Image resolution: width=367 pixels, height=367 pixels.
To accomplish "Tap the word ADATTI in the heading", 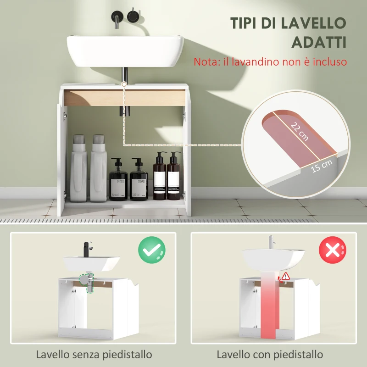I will pos(318,42).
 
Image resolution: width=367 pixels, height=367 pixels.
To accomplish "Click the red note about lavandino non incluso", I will pos(270,61).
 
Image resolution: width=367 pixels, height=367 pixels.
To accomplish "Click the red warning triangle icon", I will pos(286,276).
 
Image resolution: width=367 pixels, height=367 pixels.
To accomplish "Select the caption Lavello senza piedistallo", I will pos(94,355).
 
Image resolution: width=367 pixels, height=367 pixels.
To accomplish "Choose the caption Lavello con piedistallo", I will pos(270,355).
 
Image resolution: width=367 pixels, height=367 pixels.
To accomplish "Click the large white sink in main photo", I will pos(125,50).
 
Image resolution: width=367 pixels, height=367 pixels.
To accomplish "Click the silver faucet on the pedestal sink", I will pos(270,241).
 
